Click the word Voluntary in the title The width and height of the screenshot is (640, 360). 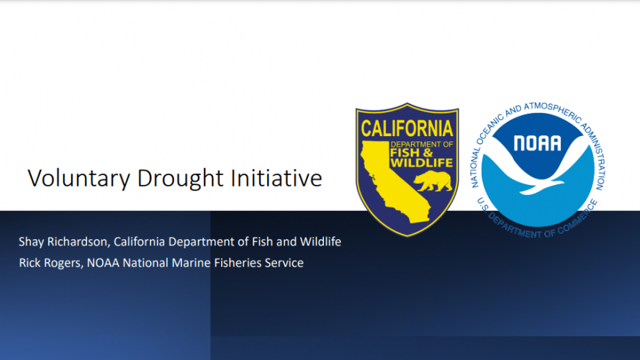pos(78,179)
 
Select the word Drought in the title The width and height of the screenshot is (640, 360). pos(181,179)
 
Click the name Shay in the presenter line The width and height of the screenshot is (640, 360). pos(31,242)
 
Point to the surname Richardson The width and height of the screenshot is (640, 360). pos(78,242)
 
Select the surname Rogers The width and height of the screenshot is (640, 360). pos(63,264)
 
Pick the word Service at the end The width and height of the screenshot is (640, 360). pos(284,263)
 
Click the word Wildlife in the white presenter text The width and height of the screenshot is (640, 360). pos(320,242)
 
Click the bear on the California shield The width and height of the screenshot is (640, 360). pos(433,181)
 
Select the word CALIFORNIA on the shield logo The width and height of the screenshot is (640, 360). pos(407,129)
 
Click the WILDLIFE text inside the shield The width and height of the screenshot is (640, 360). pos(422,163)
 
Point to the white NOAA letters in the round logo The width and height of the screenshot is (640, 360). pos(537,143)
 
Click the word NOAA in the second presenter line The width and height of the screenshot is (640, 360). pos(103,263)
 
